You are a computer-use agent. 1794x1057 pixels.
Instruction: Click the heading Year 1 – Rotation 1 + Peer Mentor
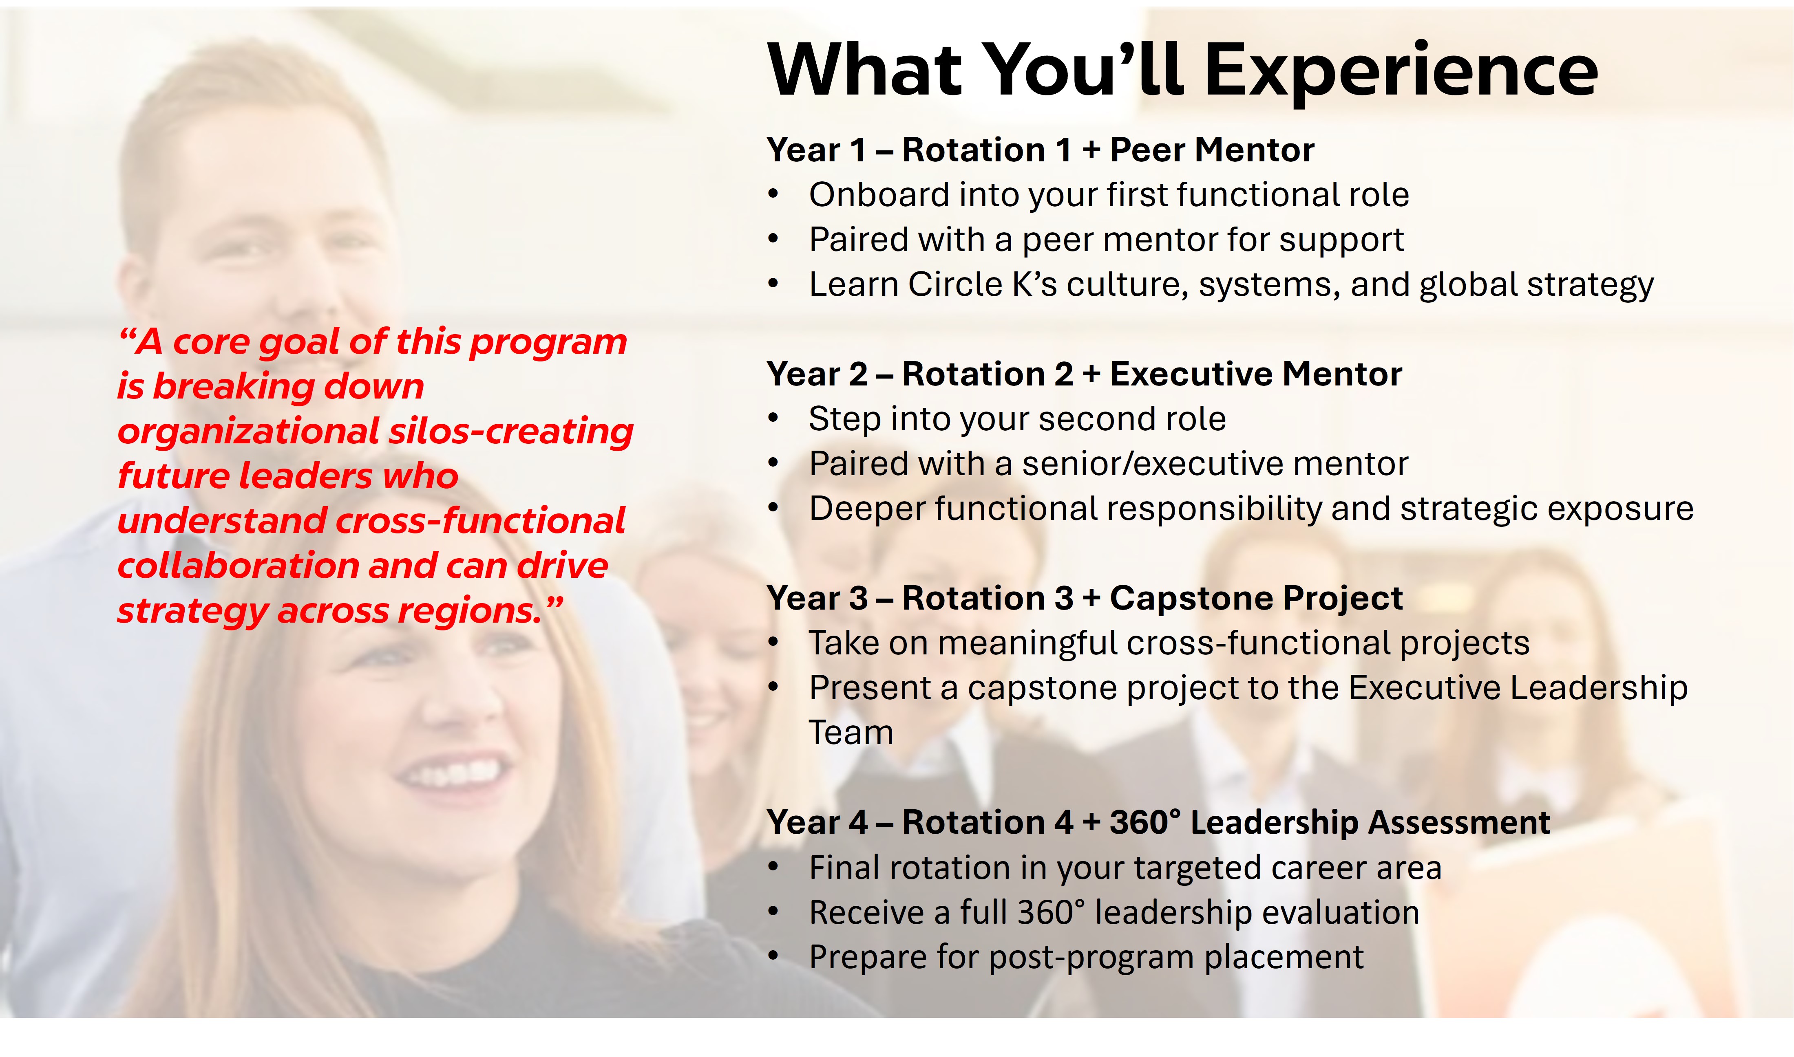(1040, 150)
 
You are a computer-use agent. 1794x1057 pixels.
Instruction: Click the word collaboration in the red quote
(239, 566)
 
